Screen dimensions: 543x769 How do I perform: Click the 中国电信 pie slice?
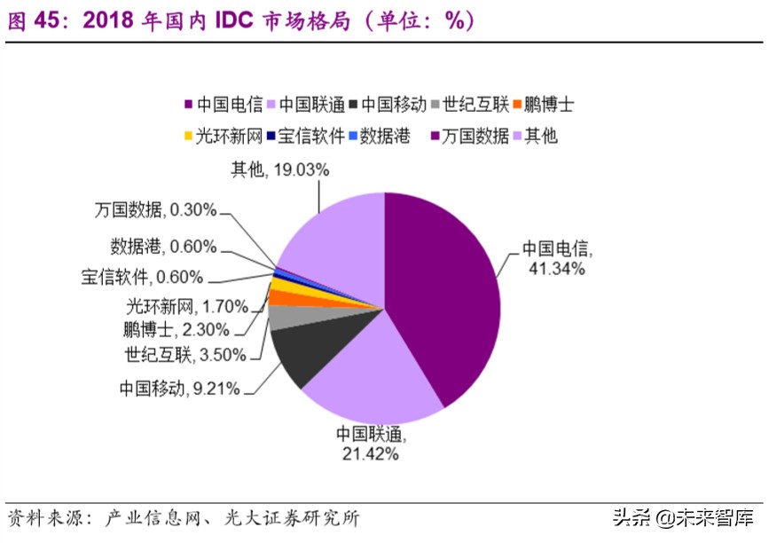[443, 293]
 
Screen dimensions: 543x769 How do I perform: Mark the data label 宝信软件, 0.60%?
[142, 277]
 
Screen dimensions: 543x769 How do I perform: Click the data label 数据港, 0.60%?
[163, 246]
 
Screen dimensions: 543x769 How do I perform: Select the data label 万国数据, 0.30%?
[155, 210]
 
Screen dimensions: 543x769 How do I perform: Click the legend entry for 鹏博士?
[542, 105]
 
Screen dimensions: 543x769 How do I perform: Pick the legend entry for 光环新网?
[222, 136]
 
